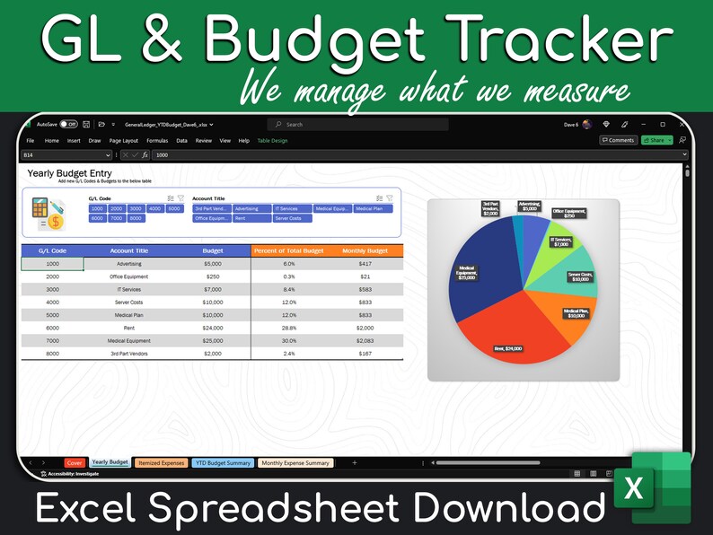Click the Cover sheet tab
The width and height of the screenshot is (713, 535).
(75, 463)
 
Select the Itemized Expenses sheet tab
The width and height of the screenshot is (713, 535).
(162, 463)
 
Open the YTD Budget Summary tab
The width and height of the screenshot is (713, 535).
(223, 463)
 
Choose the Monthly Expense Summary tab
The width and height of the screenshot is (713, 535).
(295, 463)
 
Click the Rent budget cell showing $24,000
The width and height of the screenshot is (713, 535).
(213, 328)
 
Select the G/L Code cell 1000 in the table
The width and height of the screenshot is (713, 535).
(52, 264)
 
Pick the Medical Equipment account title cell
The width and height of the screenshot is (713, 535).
(128, 340)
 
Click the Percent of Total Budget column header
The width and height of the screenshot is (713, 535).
(288, 251)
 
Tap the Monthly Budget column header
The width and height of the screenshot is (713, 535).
(365, 251)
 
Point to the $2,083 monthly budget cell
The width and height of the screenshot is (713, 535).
(365, 340)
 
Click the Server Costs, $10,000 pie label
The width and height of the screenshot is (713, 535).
(580, 276)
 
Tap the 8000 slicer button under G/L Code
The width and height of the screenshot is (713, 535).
(136, 218)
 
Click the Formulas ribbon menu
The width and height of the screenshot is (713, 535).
(157, 141)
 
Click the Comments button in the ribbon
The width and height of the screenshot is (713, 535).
(618, 141)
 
